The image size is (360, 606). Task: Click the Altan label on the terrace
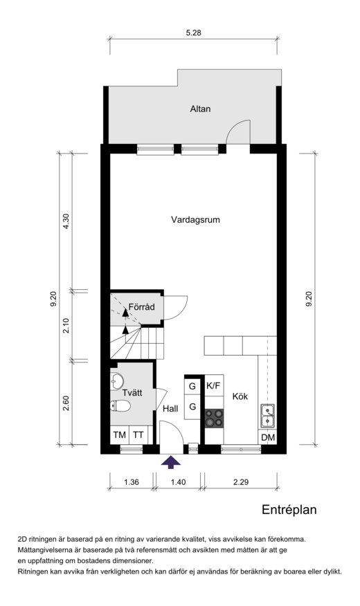tap(200, 109)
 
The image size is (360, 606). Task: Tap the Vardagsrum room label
tap(195, 220)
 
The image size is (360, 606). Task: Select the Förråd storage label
tap(141, 307)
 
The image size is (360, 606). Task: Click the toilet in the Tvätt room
tap(120, 405)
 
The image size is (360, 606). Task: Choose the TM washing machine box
tap(120, 435)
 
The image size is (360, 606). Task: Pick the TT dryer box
tap(138, 435)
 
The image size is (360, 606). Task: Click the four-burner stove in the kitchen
tap(214, 418)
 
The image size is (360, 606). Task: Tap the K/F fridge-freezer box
tap(214, 385)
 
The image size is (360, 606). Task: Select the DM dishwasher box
tap(268, 437)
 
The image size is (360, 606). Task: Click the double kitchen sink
tap(268, 416)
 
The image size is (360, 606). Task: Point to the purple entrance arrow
tap(171, 462)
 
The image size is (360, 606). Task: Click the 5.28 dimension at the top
tap(193, 33)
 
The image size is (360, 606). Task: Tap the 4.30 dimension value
tap(66, 221)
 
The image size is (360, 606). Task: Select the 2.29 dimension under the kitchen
tap(240, 482)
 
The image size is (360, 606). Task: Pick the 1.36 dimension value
tap(132, 482)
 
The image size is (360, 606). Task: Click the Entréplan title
tap(289, 509)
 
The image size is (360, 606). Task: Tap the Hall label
tap(170, 409)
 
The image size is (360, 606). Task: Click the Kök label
tap(240, 396)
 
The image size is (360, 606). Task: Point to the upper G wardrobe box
tap(192, 386)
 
